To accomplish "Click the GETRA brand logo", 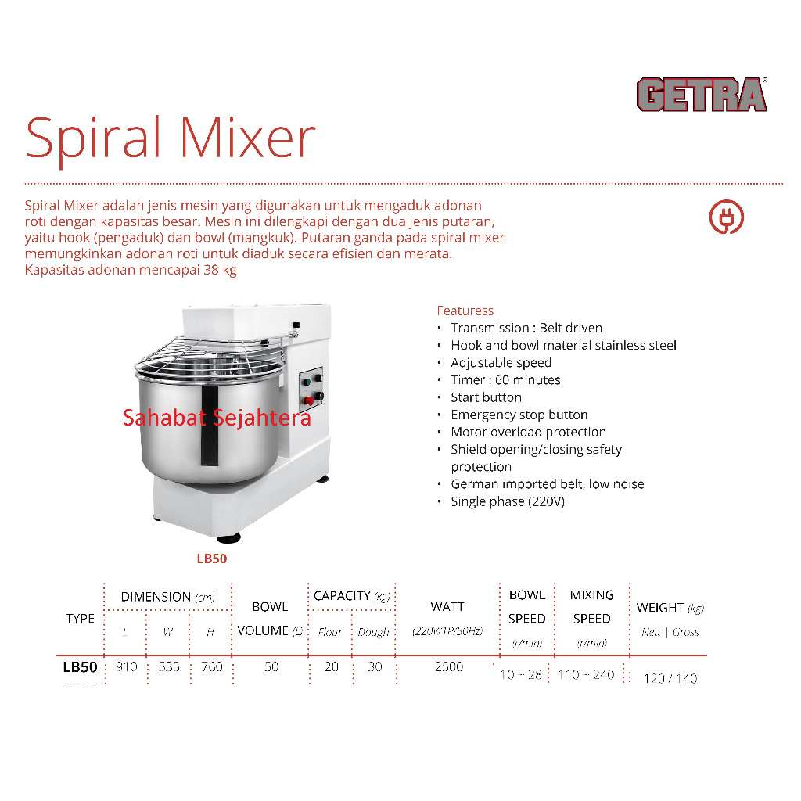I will coord(702,95).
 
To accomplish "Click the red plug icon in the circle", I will coord(726,217).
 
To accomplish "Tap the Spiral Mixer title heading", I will coord(171,138).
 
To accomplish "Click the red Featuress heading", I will coord(465,311).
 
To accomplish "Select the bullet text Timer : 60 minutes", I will coord(505,380).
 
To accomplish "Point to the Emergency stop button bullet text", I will coord(519,415).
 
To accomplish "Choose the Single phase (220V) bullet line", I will coord(507,501).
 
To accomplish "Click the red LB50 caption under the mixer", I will coord(211,559).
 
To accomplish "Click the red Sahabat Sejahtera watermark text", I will coord(217,418).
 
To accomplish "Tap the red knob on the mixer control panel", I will coord(309,400).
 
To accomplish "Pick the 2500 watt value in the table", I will coord(448,667).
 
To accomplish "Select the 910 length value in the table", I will coord(126,667).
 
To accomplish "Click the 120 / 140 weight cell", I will coord(670,678).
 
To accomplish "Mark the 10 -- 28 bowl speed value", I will coord(521,674).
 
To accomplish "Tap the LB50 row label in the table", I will coord(80,667).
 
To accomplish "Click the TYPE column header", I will coord(80,619).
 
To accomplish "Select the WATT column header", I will coord(447,607).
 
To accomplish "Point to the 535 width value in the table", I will coord(168,667).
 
